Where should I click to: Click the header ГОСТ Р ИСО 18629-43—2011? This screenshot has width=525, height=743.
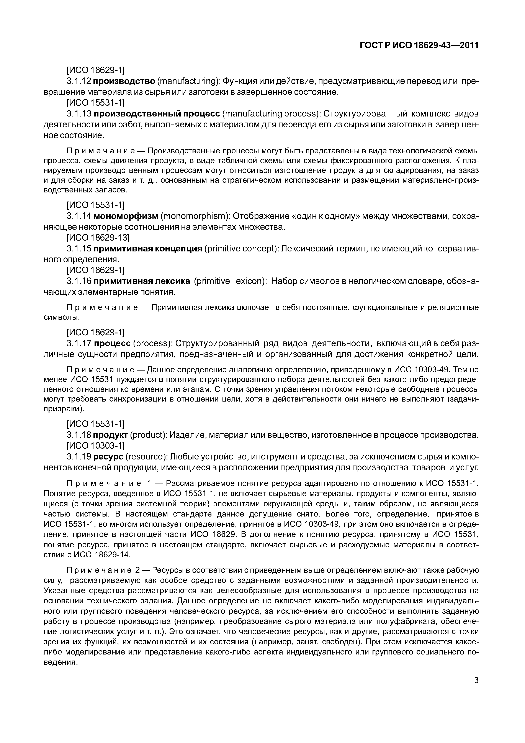[x=419, y=46]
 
